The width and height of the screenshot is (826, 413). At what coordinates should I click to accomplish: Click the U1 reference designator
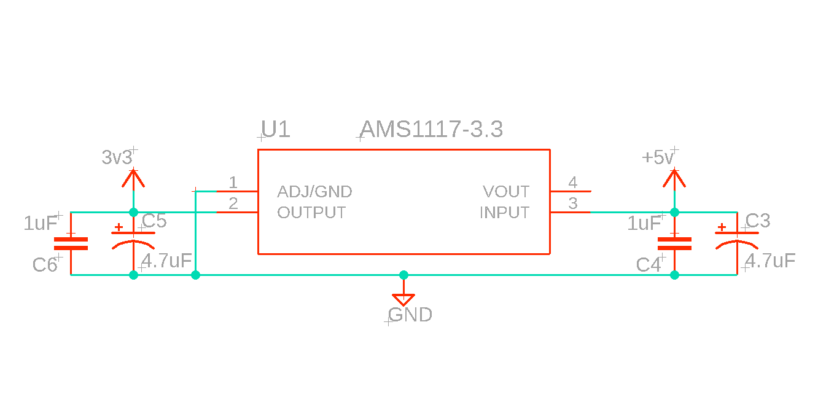(x=275, y=130)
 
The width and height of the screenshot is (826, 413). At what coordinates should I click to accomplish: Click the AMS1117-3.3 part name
(x=431, y=130)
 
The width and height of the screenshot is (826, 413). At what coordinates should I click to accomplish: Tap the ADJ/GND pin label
(x=314, y=192)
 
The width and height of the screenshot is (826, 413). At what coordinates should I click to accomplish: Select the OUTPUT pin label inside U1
(x=311, y=213)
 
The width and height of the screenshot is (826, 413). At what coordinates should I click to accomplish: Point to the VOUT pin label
(x=506, y=192)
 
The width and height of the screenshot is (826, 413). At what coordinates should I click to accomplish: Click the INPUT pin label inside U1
(x=504, y=213)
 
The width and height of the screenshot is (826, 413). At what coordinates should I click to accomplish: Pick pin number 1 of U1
(x=233, y=183)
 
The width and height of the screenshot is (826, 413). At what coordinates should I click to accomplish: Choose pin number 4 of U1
(x=572, y=183)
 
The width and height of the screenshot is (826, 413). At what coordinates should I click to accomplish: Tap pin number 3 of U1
(x=572, y=203)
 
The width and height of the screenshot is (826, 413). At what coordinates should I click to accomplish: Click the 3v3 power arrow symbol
(x=133, y=179)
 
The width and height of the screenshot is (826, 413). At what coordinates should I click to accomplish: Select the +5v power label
(x=658, y=158)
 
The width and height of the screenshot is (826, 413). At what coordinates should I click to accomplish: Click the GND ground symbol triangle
(x=403, y=300)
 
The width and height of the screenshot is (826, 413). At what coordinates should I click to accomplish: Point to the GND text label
(x=410, y=315)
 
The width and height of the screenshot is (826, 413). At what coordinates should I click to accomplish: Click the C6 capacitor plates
(x=71, y=243)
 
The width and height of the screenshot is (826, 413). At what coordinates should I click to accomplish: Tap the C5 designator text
(x=154, y=221)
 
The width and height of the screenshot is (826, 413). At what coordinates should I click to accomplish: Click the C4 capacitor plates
(x=674, y=243)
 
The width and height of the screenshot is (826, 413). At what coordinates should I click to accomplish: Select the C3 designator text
(x=758, y=221)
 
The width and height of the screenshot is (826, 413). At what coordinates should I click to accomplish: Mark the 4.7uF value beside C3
(x=770, y=261)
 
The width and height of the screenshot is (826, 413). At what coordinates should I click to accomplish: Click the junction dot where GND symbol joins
(x=403, y=275)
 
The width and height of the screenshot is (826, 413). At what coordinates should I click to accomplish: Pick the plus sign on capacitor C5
(x=119, y=227)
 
